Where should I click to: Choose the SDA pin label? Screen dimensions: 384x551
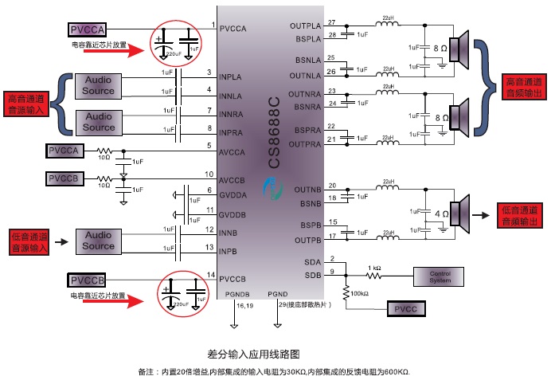click(x=312, y=262)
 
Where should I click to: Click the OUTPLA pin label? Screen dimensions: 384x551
click(x=307, y=26)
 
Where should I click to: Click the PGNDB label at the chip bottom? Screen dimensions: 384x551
click(x=239, y=294)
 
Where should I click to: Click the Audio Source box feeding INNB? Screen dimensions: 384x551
click(x=99, y=241)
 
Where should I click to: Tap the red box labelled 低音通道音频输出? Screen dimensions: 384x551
click(x=522, y=214)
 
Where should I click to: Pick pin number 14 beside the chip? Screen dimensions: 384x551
click(x=209, y=275)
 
